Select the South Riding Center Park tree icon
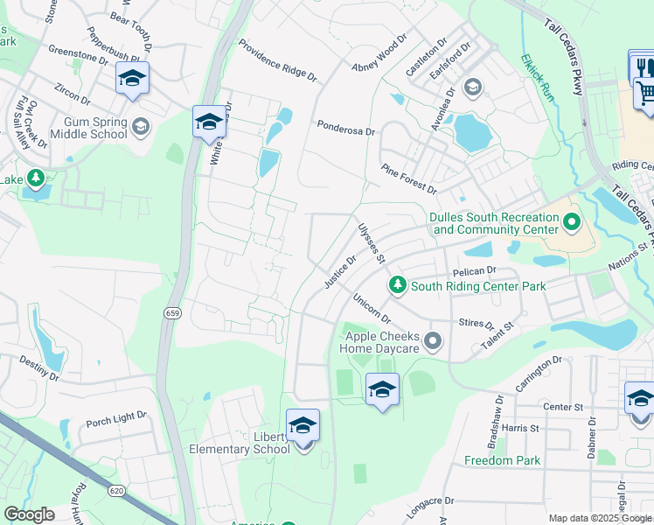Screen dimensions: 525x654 [x=398, y=285]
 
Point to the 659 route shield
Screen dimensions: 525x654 [x=170, y=311]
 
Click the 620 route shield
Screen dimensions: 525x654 [x=117, y=491]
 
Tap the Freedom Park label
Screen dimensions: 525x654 [x=502, y=460]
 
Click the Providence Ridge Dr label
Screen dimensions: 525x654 [x=277, y=59]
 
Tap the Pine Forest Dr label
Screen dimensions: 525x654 [x=408, y=178]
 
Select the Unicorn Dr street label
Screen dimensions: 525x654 [x=372, y=311]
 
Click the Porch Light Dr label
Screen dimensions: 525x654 [x=116, y=420]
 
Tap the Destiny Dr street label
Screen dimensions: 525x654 [x=38, y=369]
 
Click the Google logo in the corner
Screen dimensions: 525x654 [x=29, y=514]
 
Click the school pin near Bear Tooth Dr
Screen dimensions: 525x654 [x=132, y=79]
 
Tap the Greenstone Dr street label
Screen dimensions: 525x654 [x=78, y=54]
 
